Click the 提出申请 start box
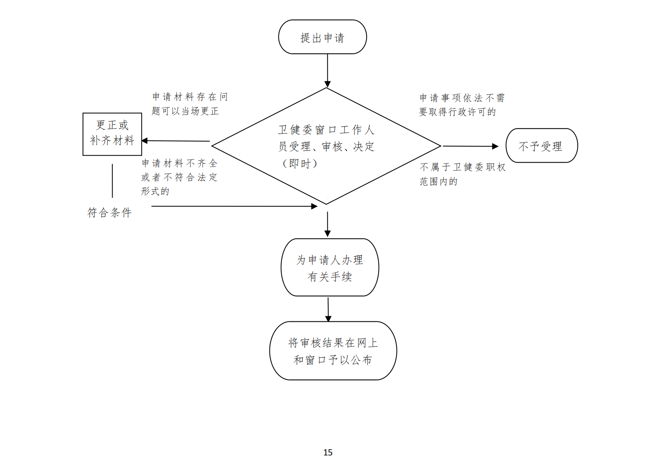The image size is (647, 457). (x=322, y=37)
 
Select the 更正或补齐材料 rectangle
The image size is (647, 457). (x=112, y=134)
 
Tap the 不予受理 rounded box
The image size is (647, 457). (x=541, y=146)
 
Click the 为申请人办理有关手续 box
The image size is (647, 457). (x=330, y=267)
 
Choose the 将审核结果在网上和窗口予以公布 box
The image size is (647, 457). (x=333, y=351)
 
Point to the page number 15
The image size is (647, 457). (x=328, y=452)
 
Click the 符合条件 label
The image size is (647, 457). (x=110, y=213)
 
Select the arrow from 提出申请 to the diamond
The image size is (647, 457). (x=327, y=70)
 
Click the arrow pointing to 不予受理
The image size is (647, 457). (x=470, y=146)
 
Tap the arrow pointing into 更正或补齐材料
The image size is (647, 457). (x=176, y=141)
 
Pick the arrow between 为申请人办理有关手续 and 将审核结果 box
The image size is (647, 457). (x=328, y=309)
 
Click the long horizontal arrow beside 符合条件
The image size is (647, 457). (x=234, y=206)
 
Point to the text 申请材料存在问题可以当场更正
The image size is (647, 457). (x=189, y=104)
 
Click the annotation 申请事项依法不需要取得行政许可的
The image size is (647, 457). (x=462, y=105)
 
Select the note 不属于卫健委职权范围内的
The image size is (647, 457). (x=462, y=174)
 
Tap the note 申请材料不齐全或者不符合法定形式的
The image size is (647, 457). (x=179, y=177)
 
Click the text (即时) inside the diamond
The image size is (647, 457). (x=300, y=163)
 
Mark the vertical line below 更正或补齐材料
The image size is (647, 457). (x=112, y=181)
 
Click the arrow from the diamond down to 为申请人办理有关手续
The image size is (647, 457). (x=327, y=224)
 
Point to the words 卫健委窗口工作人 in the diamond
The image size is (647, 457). (x=326, y=130)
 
